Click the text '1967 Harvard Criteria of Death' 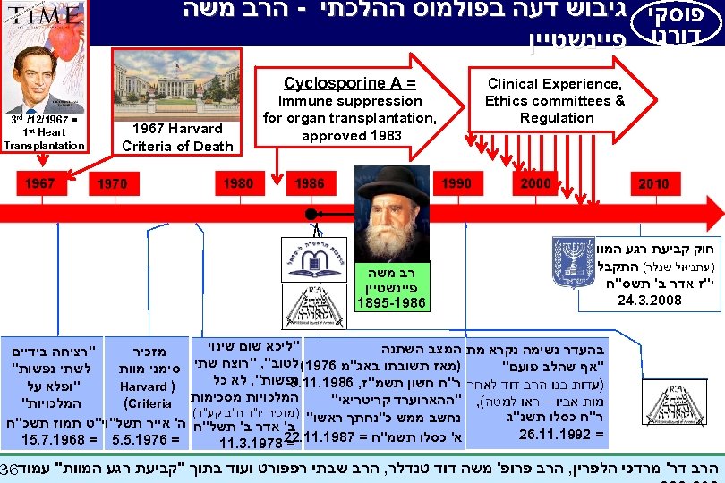click(177, 138)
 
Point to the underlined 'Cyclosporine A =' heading click(349, 83)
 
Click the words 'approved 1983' click(349, 135)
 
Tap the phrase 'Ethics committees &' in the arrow click(554, 101)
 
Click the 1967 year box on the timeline click(39, 183)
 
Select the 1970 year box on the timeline click(112, 183)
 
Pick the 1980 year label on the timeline click(238, 183)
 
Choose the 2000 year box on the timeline click(537, 183)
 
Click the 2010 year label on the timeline click(652, 183)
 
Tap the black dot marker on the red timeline click(310, 215)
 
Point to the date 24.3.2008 click(649, 300)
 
